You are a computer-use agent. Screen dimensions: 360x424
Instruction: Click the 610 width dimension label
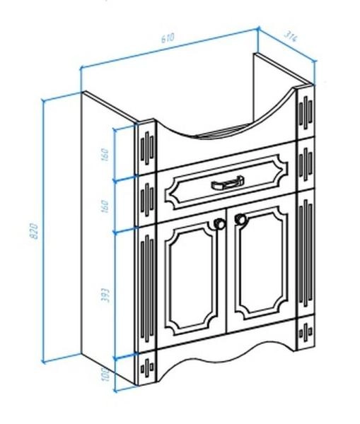pyautogui.click(x=168, y=38)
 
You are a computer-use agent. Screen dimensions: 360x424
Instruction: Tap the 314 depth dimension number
pyautogui.click(x=291, y=37)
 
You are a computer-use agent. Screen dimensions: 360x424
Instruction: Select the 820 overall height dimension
pyautogui.click(x=35, y=230)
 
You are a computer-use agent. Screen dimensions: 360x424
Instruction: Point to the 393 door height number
pyautogui.click(x=106, y=295)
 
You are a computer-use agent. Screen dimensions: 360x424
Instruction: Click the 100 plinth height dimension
pyautogui.click(x=106, y=374)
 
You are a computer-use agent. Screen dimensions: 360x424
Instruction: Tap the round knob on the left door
pyautogui.click(x=219, y=223)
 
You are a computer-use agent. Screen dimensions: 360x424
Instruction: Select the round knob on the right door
pyautogui.click(x=240, y=219)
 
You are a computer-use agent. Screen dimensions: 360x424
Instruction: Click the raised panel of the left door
pyautogui.click(x=191, y=278)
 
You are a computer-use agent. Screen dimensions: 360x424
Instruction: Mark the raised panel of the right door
pyautogui.click(x=261, y=262)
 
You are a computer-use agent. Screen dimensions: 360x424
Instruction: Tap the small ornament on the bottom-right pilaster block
pyautogui.click(x=306, y=331)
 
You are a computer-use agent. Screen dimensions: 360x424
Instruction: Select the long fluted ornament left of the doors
pyautogui.click(x=147, y=289)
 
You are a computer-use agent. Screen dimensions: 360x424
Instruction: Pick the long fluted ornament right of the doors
pyautogui.click(x=306, y=254)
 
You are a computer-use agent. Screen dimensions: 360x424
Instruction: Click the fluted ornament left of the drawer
pyautogui.click(x=147, y=199)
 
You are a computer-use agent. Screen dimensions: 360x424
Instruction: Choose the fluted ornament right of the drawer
pyautogui.click(x=306, y=165)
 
